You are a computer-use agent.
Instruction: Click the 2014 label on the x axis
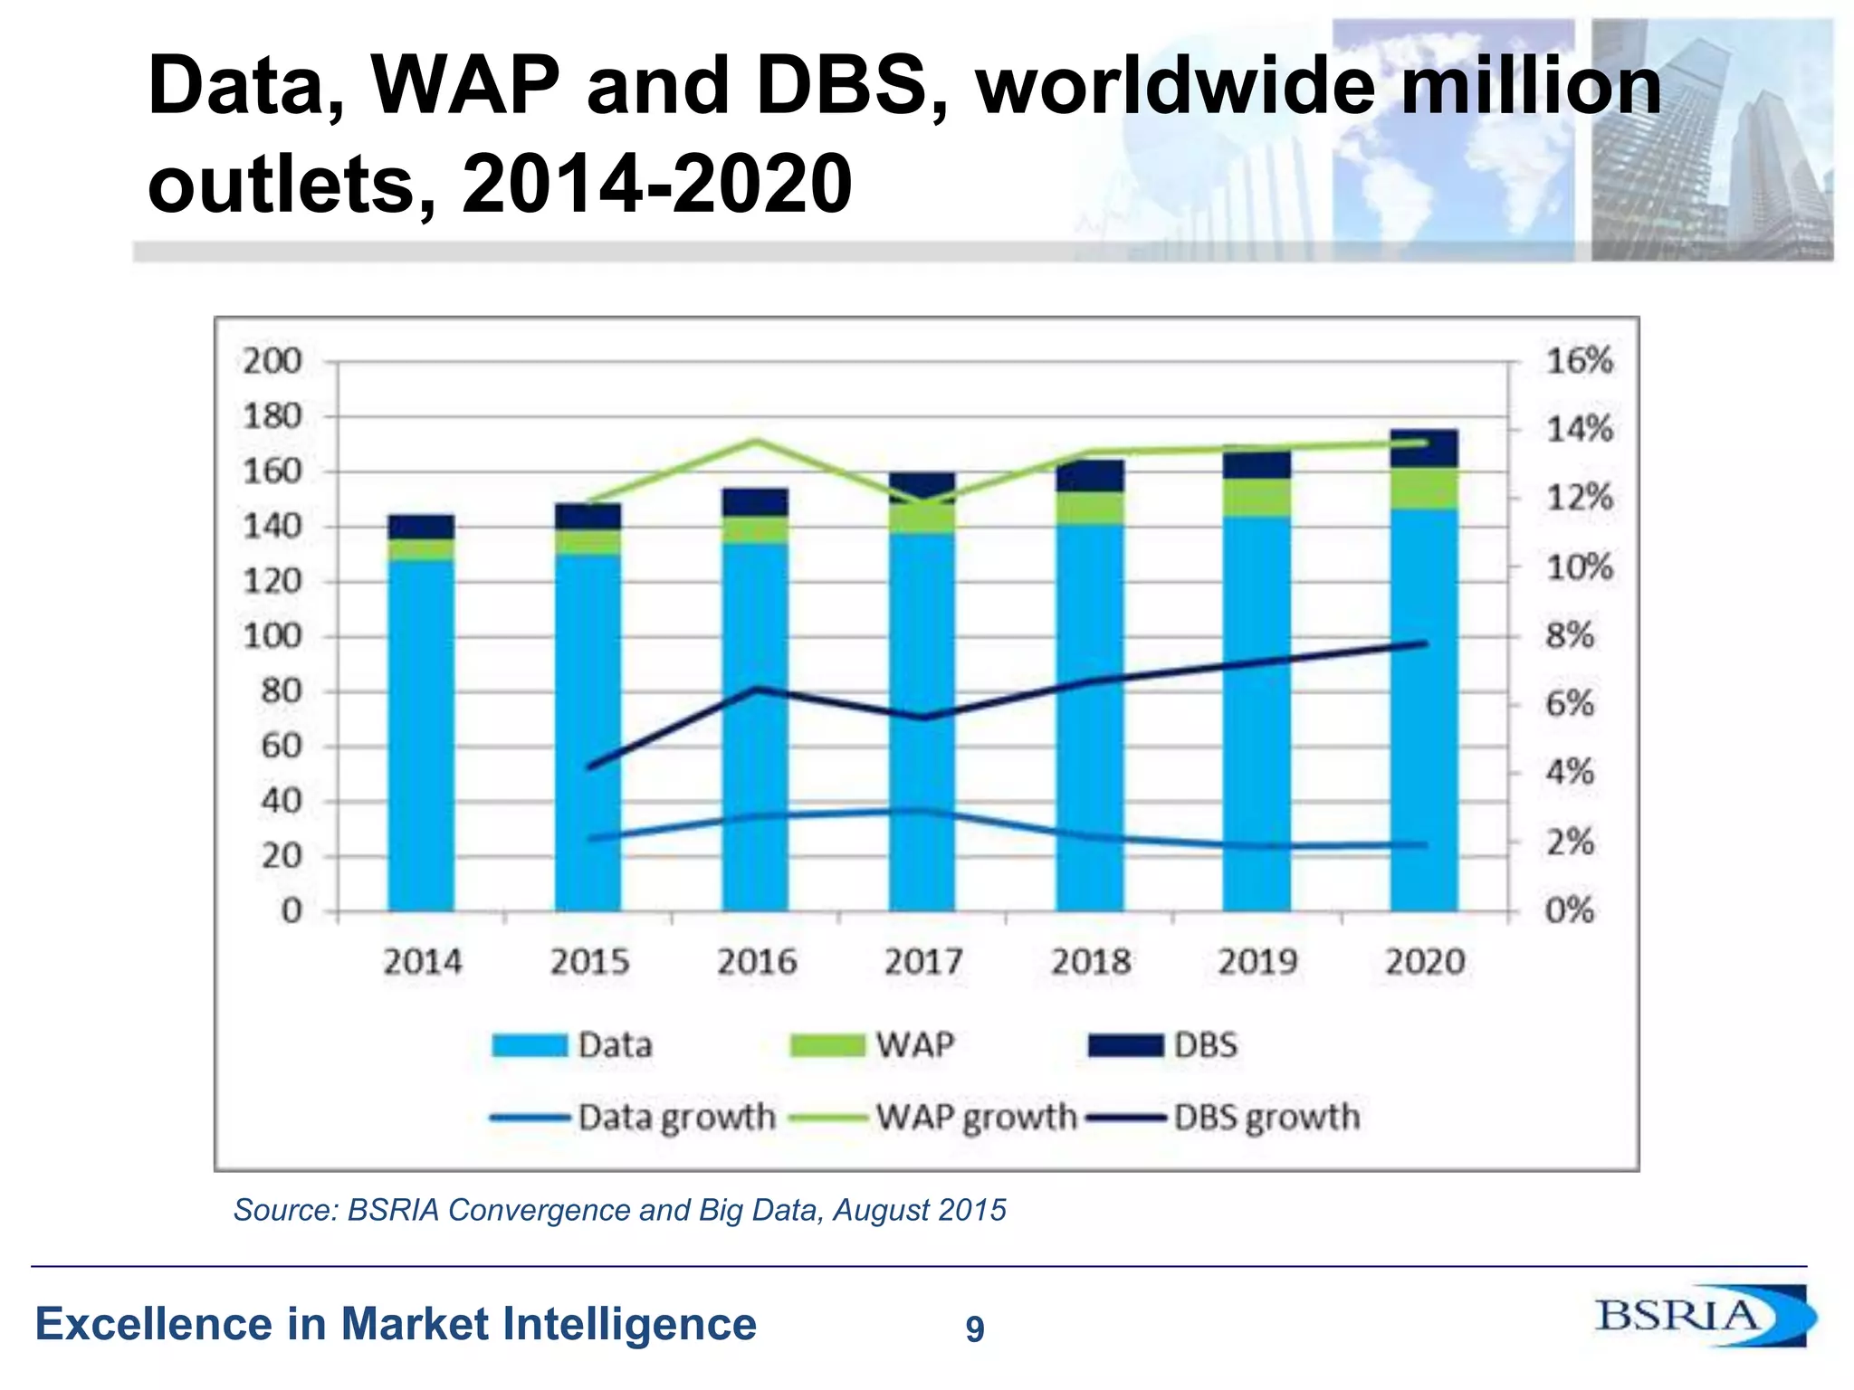[422, 961]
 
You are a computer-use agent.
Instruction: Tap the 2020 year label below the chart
[1425, 961]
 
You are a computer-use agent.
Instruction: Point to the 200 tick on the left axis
[272, 361]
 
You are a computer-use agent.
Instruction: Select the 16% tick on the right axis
[1579, 361]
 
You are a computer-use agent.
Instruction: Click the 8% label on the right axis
[1570, 635]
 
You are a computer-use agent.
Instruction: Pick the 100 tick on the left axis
[272, 636]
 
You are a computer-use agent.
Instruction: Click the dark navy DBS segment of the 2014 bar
[421, 527]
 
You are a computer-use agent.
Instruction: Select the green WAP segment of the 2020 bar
[1424, 488]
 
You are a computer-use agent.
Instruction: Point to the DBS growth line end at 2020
[1425, 644]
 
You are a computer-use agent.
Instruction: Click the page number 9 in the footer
[975, 1328]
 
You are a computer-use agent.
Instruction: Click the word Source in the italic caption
[284, 1210]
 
